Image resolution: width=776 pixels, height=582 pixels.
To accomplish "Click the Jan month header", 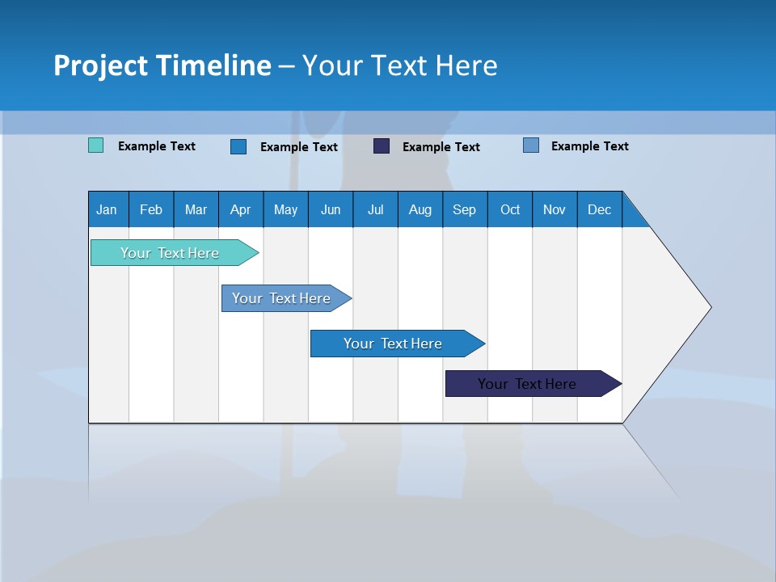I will pos(108,209).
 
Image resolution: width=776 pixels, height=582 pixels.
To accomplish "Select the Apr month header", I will pos(241,209).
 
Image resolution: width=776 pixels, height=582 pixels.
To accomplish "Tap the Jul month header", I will pos(375,209).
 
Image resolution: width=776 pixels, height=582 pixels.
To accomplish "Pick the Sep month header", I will pos(465,209).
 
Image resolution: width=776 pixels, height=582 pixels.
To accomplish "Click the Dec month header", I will pos(599,209).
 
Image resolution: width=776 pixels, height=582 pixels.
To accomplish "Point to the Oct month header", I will pos(510,209).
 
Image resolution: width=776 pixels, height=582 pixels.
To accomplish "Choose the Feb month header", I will pos(151,209).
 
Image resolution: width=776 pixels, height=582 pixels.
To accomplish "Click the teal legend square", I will pos(96,145).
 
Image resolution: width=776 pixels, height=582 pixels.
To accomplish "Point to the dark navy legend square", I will pos(382,146).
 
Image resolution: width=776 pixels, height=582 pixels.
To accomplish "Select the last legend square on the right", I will pos(531,145).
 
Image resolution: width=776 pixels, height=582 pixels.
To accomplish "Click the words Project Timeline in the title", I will pos(162,65).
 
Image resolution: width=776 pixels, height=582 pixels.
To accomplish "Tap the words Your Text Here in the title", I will pos(399,65).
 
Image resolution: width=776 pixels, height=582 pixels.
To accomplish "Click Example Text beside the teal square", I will pos(157,146).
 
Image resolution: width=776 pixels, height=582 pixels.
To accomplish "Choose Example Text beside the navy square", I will pos(441,147).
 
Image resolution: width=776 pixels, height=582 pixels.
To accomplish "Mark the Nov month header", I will pos(555,209).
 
